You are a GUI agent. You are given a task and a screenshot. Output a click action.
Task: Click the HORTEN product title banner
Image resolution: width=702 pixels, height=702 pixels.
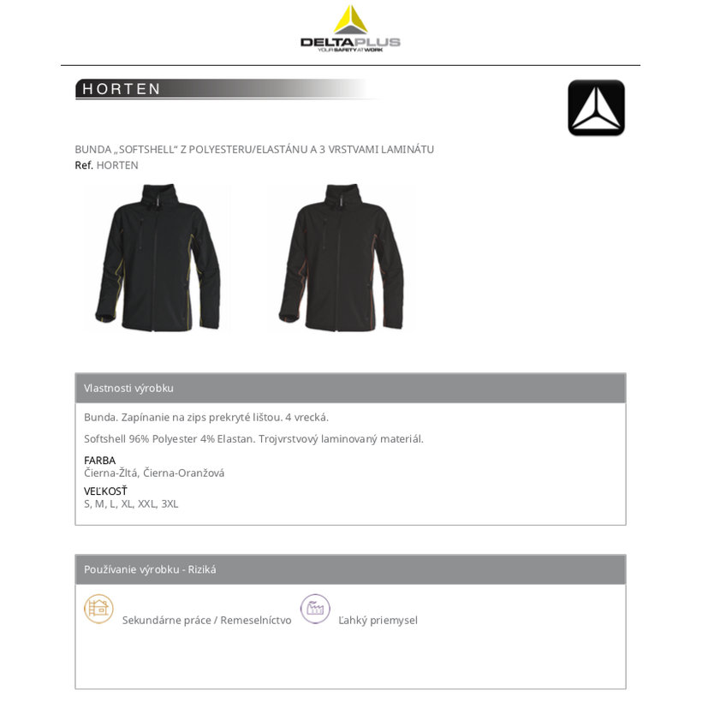[122, 89]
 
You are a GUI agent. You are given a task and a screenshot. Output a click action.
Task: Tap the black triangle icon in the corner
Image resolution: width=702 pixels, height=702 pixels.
[596, 108]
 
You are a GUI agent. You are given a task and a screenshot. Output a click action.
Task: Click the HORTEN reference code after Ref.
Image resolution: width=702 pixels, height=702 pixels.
[117, 165]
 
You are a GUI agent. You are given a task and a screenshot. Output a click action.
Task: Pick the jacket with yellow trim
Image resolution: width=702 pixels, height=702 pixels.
[158, 257]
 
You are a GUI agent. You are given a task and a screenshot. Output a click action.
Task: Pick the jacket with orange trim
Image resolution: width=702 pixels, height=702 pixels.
[341, 257]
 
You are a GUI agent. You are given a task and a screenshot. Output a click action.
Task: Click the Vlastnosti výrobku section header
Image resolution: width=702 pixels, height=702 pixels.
[128, 389]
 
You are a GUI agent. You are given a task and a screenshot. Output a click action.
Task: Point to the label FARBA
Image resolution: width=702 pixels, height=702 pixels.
[99, 461]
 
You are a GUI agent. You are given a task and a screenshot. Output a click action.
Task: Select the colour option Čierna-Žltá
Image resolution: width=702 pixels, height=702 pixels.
[110, 473]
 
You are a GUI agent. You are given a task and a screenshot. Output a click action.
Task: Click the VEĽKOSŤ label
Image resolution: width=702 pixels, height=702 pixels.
[105, 491]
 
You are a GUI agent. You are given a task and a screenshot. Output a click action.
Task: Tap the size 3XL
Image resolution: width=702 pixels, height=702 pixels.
[170, 504]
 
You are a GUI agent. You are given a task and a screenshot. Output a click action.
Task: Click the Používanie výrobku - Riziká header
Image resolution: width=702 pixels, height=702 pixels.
[150, 570]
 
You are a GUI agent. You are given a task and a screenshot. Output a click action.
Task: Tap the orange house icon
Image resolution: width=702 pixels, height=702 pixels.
[98, 609]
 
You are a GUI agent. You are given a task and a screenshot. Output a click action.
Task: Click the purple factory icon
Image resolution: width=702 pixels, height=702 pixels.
[315, 609]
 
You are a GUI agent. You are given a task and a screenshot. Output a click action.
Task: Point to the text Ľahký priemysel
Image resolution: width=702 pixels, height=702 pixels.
[378, 621]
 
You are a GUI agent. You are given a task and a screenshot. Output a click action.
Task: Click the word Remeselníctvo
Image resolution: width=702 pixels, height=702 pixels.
[255, 621]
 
